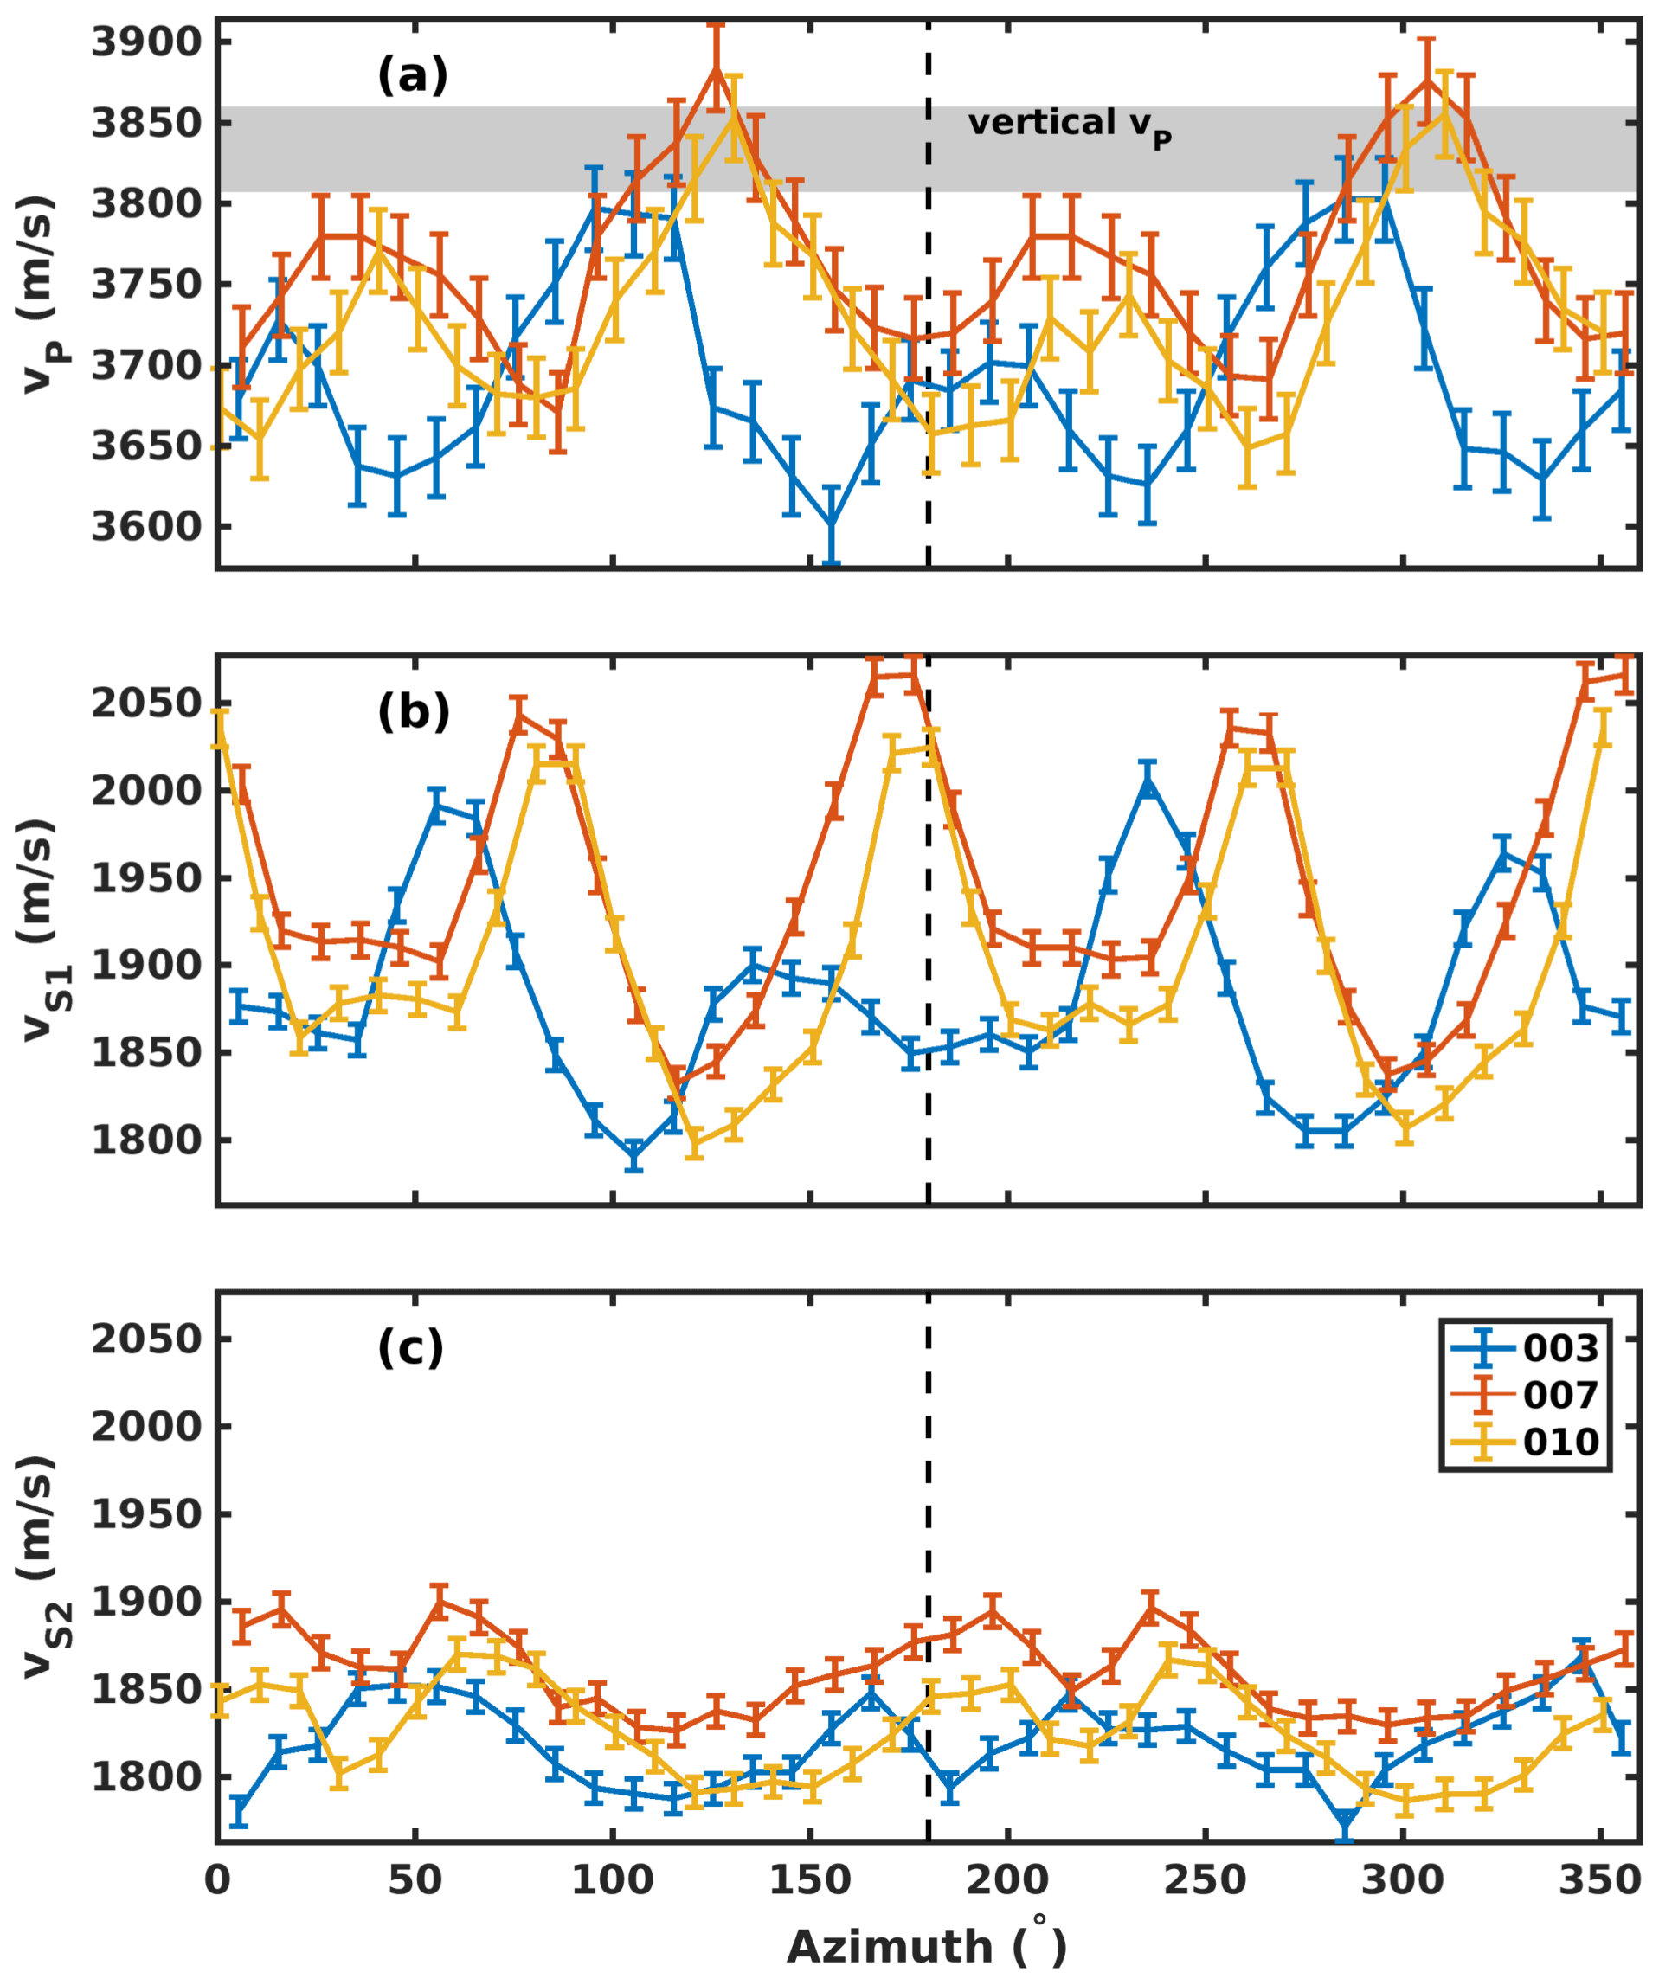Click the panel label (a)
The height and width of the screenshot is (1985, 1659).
tap(412, 75)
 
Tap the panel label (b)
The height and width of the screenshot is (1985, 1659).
tap(412, 712)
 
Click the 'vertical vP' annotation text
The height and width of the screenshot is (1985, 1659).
tap(1069, 125)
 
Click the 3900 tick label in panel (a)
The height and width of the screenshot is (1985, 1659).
tap(146, 42)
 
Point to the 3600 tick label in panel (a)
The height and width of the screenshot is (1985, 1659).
tap(146, 526)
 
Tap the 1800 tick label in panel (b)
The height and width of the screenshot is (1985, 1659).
tap(146, 1140)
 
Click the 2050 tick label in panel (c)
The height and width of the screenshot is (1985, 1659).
tap(146, 1339)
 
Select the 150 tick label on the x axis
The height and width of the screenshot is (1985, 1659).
tap(810, 1880)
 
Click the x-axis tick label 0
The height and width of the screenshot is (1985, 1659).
tap(217, 1880)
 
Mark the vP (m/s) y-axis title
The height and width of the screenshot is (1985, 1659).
tap(42, 293)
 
